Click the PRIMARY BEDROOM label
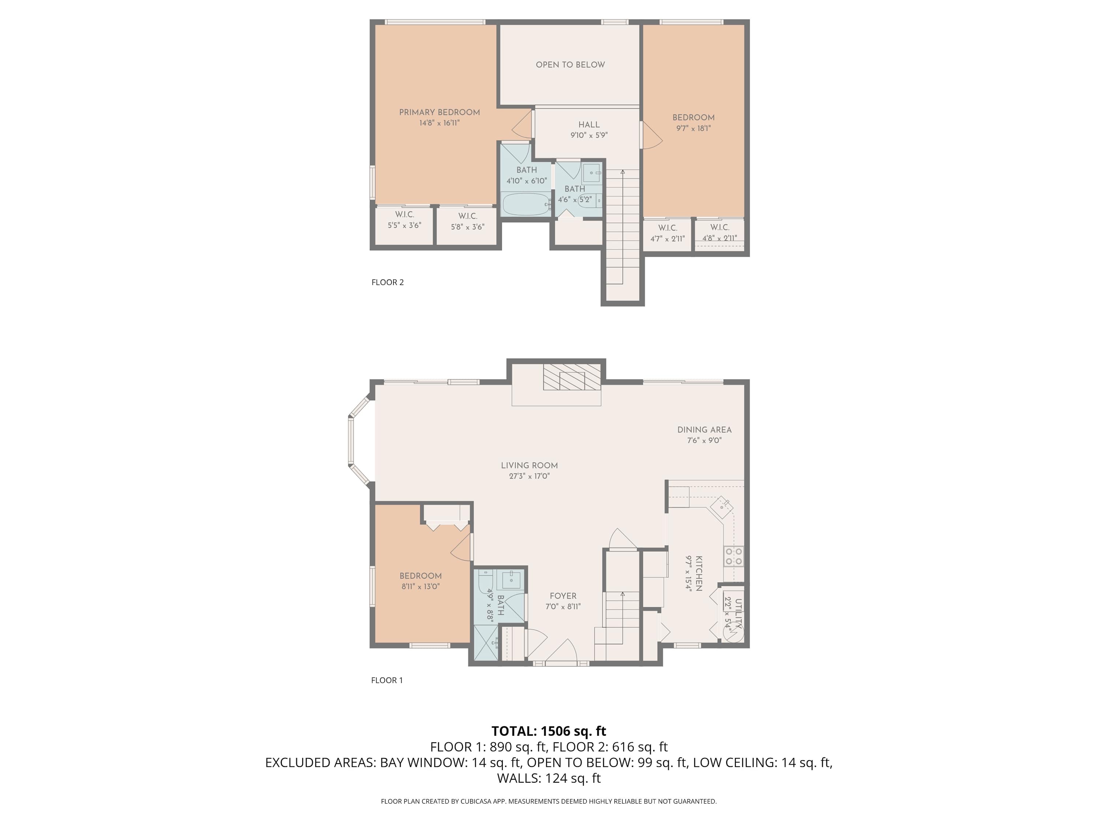tap(439, 112)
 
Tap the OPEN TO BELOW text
tap(570, 64)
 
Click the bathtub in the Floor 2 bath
tap(527, 204)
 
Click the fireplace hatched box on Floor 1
tap(572, 377)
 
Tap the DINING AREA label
tap(705, 430)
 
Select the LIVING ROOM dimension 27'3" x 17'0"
tap(529, 476)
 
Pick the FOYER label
tap(563, 596)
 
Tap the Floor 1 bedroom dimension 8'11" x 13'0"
tap(421, 586)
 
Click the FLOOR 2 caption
tap(388, 282)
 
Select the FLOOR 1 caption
tap(387, 680)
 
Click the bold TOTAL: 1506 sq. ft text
tap(549, 731)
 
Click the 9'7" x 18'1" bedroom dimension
tap(694, 128)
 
